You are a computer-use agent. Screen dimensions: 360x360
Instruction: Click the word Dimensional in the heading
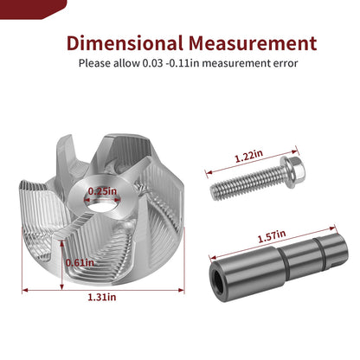point(125,43)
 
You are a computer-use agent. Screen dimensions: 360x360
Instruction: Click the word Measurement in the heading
point(253,43)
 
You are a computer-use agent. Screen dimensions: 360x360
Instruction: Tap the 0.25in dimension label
point(102,191)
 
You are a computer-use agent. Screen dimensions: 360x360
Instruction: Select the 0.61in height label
point(80,263)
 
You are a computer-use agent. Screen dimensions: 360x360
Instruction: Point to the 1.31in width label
point(102,297)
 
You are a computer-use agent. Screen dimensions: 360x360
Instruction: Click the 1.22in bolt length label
point(248,156)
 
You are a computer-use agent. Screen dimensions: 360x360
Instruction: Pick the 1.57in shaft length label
point(272,236)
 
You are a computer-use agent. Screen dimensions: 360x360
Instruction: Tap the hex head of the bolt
point(294,171)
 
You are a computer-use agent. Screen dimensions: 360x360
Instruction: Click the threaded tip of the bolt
point(215,192)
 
